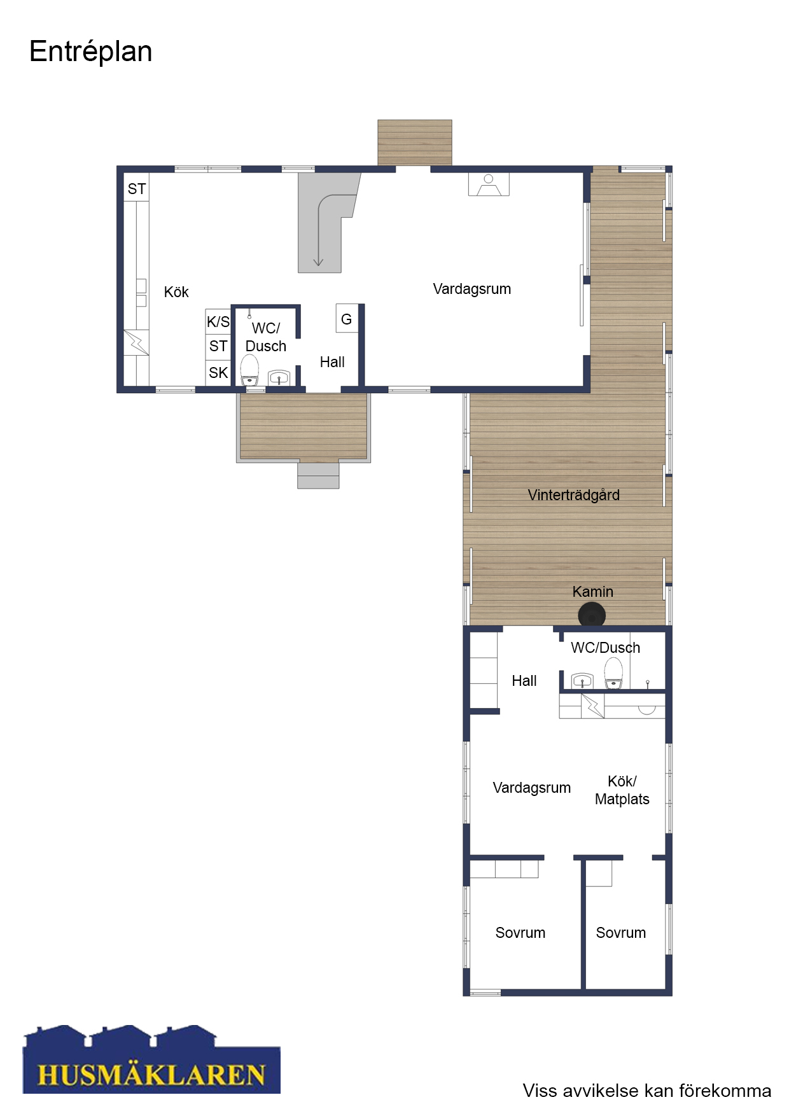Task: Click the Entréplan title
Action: (91, 52)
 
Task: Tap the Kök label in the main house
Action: (176, 292)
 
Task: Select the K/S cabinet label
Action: (218, 322)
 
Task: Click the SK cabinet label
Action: (218, 373)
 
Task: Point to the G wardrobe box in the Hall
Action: (347, 319)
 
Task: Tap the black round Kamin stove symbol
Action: (592, 615)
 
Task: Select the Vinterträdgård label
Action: (573, 495)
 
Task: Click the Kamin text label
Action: (592, 592)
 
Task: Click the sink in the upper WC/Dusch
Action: (279, 378)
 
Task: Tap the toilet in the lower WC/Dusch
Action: (613, 673)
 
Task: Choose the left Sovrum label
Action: (520, 933)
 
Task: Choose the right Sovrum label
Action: (621, 933)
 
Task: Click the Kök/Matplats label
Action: (622, 790)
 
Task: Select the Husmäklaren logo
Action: (151, 1059)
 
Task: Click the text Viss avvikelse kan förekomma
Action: (647, 1091)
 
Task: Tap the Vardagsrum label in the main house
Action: (472, 289)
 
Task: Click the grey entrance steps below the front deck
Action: (318, 475)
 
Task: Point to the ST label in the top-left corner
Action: (137, 189)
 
